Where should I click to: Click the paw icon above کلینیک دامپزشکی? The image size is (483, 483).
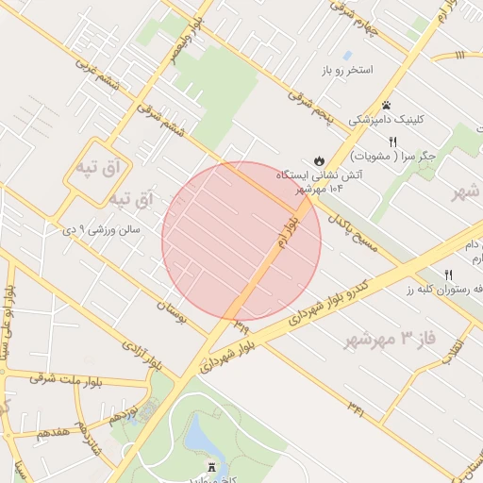tap(387, 105)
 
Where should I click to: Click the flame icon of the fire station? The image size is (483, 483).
tap(320, 159)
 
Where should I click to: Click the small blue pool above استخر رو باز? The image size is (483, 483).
tap(347, 56)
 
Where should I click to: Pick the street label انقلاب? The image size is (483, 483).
tap(458, 350)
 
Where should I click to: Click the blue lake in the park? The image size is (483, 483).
tap(200, 435)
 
